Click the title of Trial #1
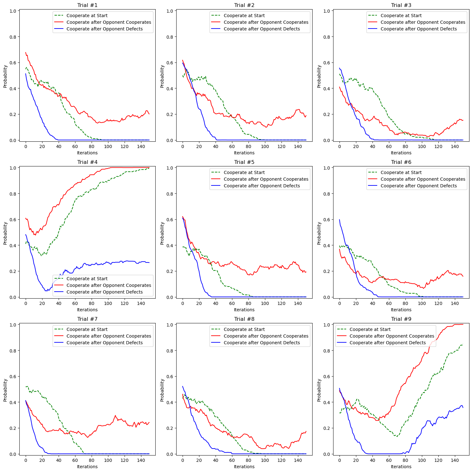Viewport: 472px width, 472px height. click(x=87, y=5)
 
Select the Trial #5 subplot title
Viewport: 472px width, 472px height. click(x=244, y=162)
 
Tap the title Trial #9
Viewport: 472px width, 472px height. click(x=401, y=319)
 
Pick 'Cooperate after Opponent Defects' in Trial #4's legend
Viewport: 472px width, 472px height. click(x=105, y=292)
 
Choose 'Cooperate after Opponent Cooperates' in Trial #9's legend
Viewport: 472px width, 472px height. click(x=392, y=336)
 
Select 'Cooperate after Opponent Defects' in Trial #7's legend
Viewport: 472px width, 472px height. click(x=105, y=343)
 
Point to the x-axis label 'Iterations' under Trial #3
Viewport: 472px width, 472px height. click(x=401, y=153)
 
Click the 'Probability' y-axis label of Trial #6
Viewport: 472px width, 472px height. click(x=319, y=233)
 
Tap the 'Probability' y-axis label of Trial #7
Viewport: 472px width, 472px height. click(x=5, y=390)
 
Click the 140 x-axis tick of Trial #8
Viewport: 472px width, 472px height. click(x=298, y=460)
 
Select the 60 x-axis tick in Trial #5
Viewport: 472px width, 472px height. click(x=232, y=303)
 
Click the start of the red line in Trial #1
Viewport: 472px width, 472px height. click(x=26, y=52)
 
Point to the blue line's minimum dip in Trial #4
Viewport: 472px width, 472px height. click(x=46, y=291)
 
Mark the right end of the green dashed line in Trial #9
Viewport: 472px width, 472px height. click(x=463, y=345)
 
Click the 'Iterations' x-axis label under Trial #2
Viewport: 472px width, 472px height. click(x=244, y=153)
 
